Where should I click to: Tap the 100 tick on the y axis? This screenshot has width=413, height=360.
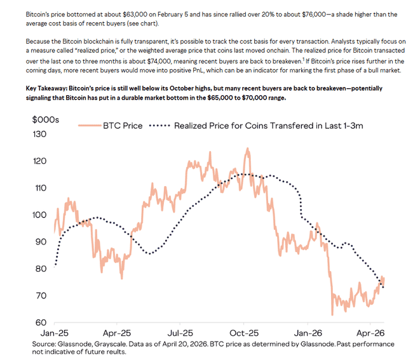40,215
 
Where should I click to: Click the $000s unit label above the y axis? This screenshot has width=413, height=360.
45,119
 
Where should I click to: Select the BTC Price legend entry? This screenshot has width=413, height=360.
121,126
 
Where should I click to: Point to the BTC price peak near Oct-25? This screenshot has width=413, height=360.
247,149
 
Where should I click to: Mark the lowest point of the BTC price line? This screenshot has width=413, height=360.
332,314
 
